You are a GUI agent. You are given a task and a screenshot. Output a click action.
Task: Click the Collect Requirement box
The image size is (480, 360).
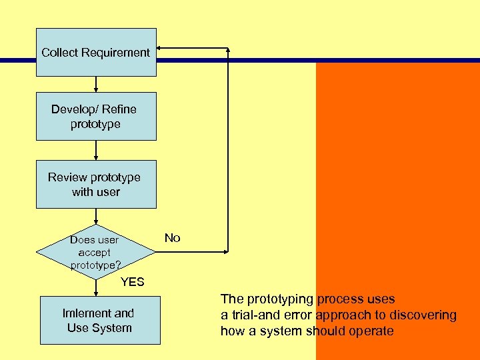[x=96, y=52]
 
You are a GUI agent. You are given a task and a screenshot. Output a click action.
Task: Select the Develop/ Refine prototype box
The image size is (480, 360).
[x=96, y=116]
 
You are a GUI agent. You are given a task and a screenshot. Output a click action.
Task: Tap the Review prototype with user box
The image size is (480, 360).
[x=96, y=184]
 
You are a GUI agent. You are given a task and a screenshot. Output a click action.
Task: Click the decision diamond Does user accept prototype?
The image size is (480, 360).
[x=96, y=252]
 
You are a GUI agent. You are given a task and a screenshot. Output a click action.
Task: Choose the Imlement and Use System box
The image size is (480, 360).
[x=99, y=321]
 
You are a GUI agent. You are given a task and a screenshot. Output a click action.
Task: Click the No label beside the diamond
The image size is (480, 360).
[x=172, y=238]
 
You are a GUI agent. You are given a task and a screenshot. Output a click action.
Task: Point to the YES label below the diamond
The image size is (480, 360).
[x=132, y=282]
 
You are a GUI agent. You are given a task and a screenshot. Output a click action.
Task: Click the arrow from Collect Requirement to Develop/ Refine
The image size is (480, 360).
[x=96, y=84]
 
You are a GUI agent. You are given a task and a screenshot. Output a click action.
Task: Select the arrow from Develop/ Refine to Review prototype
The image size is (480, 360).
[x=96, y=150]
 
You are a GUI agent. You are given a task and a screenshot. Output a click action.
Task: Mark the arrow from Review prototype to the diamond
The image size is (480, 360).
[x=96, y=217]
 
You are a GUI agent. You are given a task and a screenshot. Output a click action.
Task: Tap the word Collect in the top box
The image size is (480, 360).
[x=59, y=52]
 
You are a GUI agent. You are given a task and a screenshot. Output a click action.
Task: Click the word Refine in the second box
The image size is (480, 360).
[x=119, y=109]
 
